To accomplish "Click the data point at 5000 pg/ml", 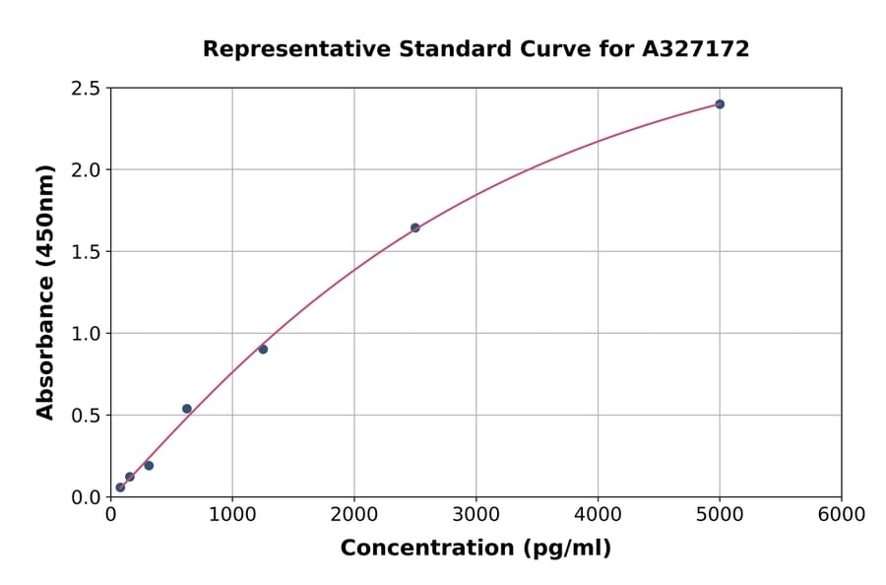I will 720,104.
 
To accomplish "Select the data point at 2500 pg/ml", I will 414,227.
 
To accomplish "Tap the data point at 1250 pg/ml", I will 263,349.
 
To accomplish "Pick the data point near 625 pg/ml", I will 187,409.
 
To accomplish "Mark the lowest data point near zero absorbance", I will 120,487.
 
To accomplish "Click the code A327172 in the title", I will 696,48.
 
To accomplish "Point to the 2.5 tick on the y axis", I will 87,89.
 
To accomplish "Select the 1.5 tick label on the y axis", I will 87,252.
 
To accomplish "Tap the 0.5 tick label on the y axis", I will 87,416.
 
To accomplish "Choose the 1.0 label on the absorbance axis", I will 87,334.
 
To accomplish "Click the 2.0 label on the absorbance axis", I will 87,170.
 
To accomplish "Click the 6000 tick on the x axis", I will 841,515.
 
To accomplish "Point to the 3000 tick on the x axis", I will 475,515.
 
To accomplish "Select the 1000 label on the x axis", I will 232,515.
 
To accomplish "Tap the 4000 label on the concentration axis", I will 598,515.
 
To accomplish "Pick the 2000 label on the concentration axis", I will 354,515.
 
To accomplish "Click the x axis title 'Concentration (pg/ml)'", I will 475,549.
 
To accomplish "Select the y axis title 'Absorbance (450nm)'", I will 45,292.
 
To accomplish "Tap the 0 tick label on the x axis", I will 110,515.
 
